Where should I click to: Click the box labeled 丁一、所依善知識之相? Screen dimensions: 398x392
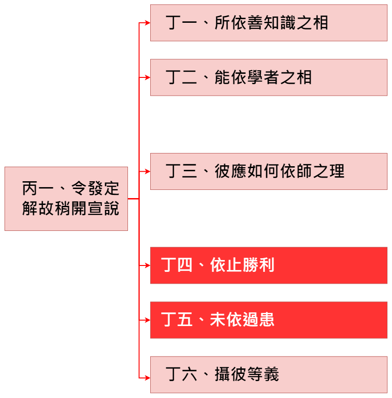pyautogui.click(x=269, y=23)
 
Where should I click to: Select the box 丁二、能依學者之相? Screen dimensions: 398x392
pyautogui.click(x=269, y=77)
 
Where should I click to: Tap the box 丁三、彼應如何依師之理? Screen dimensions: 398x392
pyautogui.click(x=269, y=172)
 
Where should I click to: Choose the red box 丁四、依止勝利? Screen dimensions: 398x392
pyautogui.click(x=269, y=265)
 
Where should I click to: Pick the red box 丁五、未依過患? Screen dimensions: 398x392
pyautogui.click(x=269, y=320)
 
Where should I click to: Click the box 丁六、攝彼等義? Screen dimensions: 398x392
pyautogui.click(x=269, y=375)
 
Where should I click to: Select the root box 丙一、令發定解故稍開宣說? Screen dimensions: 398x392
pyautogui.click(x=66, y=199)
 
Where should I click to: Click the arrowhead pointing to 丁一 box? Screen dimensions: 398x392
pyautogui.click(x=147, y=23)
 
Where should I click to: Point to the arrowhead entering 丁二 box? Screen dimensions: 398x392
pyautogui.click(x=147, y=77)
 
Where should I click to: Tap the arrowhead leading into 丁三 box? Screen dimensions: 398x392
pyautogui.click(x=147, y=172)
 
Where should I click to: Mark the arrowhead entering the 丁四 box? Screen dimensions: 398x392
pyautogui.click(x=147, y=265)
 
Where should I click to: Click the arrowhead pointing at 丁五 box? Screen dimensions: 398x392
pyautogui.click(x=147, y=320)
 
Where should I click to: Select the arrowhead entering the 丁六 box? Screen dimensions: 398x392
pyautogui.click(x=147, y=377)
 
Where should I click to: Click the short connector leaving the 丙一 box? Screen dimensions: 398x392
pyautogui.click(x=133, y=199)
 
